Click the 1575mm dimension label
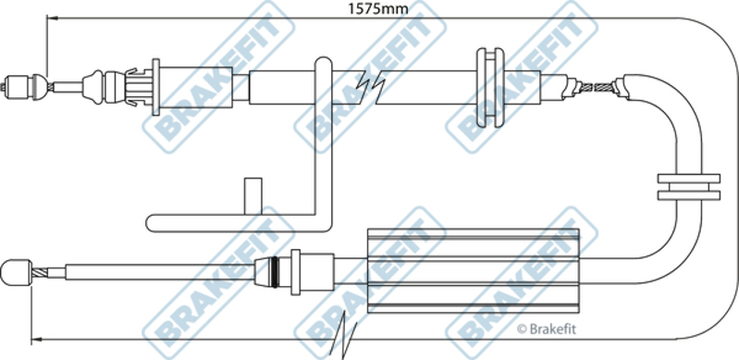tap(377, 8)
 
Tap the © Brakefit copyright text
tap(547, 329)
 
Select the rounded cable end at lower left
tap(16, 272)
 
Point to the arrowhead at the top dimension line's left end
tap(52, 19)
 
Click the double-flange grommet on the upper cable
tap(489, 87)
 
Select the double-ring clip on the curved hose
tap(688, 186)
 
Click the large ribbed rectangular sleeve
tap(473, 271)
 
